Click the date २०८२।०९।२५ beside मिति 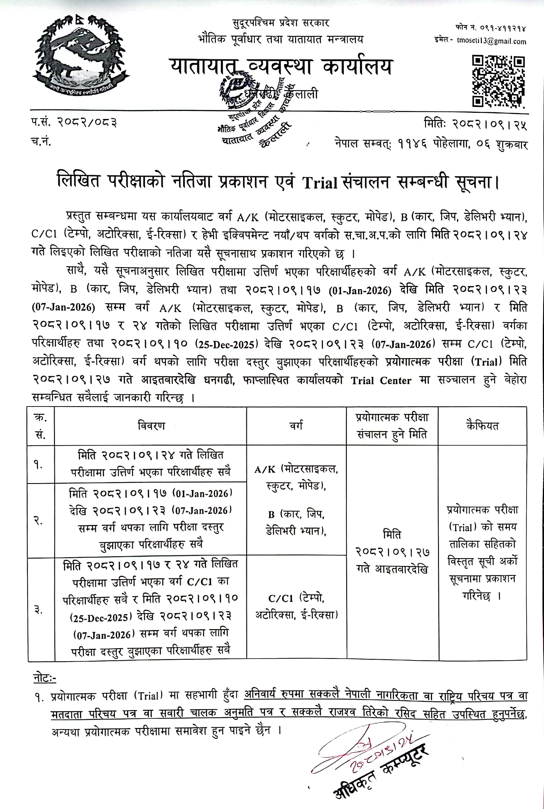489,124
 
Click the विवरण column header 151,426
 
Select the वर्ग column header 296,426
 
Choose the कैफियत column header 482,426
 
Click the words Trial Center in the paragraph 381,380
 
